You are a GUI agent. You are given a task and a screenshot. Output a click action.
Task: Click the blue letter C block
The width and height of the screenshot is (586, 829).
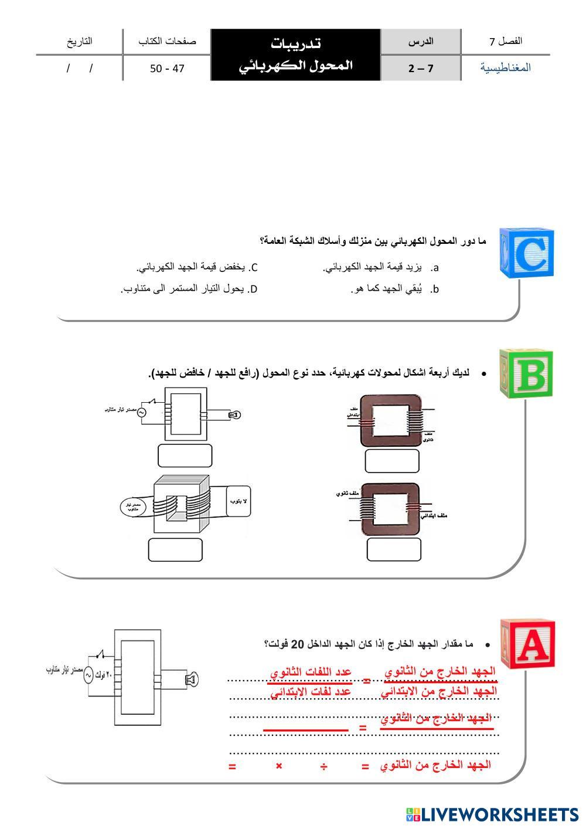[527, 253]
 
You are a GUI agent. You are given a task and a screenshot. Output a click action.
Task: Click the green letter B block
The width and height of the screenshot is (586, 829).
[527, 373]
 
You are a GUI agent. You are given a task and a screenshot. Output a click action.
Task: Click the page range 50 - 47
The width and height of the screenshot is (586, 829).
[167, 68]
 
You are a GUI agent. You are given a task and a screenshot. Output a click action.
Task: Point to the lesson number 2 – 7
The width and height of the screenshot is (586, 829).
[421, 68]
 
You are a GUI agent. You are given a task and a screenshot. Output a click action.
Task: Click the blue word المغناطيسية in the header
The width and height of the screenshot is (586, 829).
[506, 67]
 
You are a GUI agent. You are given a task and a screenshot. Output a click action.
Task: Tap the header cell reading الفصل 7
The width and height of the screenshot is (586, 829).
[506, 41]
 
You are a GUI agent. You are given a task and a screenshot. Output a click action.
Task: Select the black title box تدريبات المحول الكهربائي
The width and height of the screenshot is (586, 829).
[296, 55]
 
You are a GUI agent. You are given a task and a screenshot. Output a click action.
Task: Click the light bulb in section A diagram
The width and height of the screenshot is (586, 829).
[190, 679]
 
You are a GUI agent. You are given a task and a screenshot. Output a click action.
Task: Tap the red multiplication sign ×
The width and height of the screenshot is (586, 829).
[279, 766]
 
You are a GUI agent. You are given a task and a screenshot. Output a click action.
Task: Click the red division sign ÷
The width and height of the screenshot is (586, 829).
[323, 766]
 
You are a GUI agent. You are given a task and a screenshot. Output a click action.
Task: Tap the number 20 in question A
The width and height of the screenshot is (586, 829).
[298, 644]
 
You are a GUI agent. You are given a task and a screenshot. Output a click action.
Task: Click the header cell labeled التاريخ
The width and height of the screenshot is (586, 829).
[80, 41]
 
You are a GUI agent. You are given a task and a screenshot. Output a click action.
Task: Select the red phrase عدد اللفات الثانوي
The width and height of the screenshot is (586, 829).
[311, 672]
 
